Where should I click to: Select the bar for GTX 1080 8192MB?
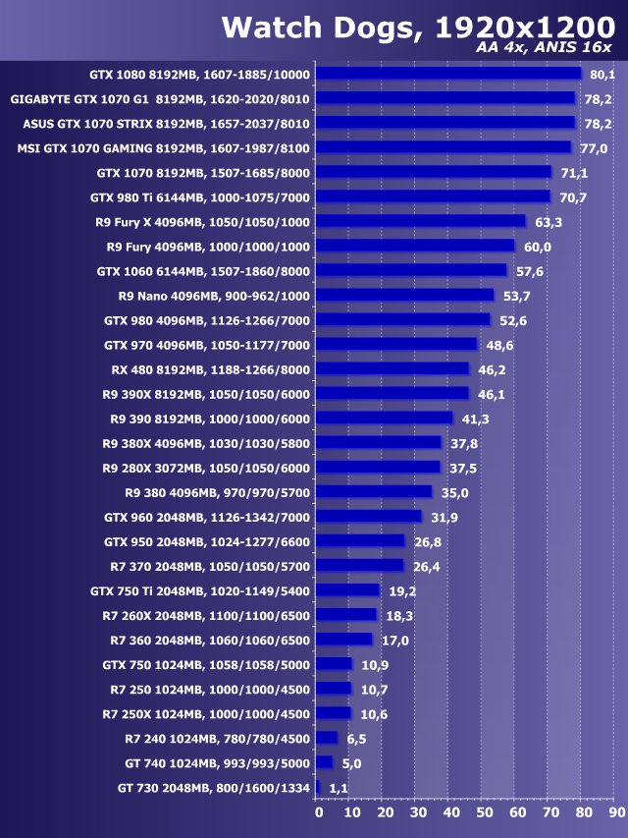449,74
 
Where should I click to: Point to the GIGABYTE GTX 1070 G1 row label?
160,98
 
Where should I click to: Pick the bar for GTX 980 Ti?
434,196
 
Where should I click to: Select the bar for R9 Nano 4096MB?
406,295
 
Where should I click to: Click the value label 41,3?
473,419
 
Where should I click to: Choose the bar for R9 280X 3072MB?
380,468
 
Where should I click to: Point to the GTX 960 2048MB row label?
206,517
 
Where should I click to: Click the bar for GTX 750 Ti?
349,590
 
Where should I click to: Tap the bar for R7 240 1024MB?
328,738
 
